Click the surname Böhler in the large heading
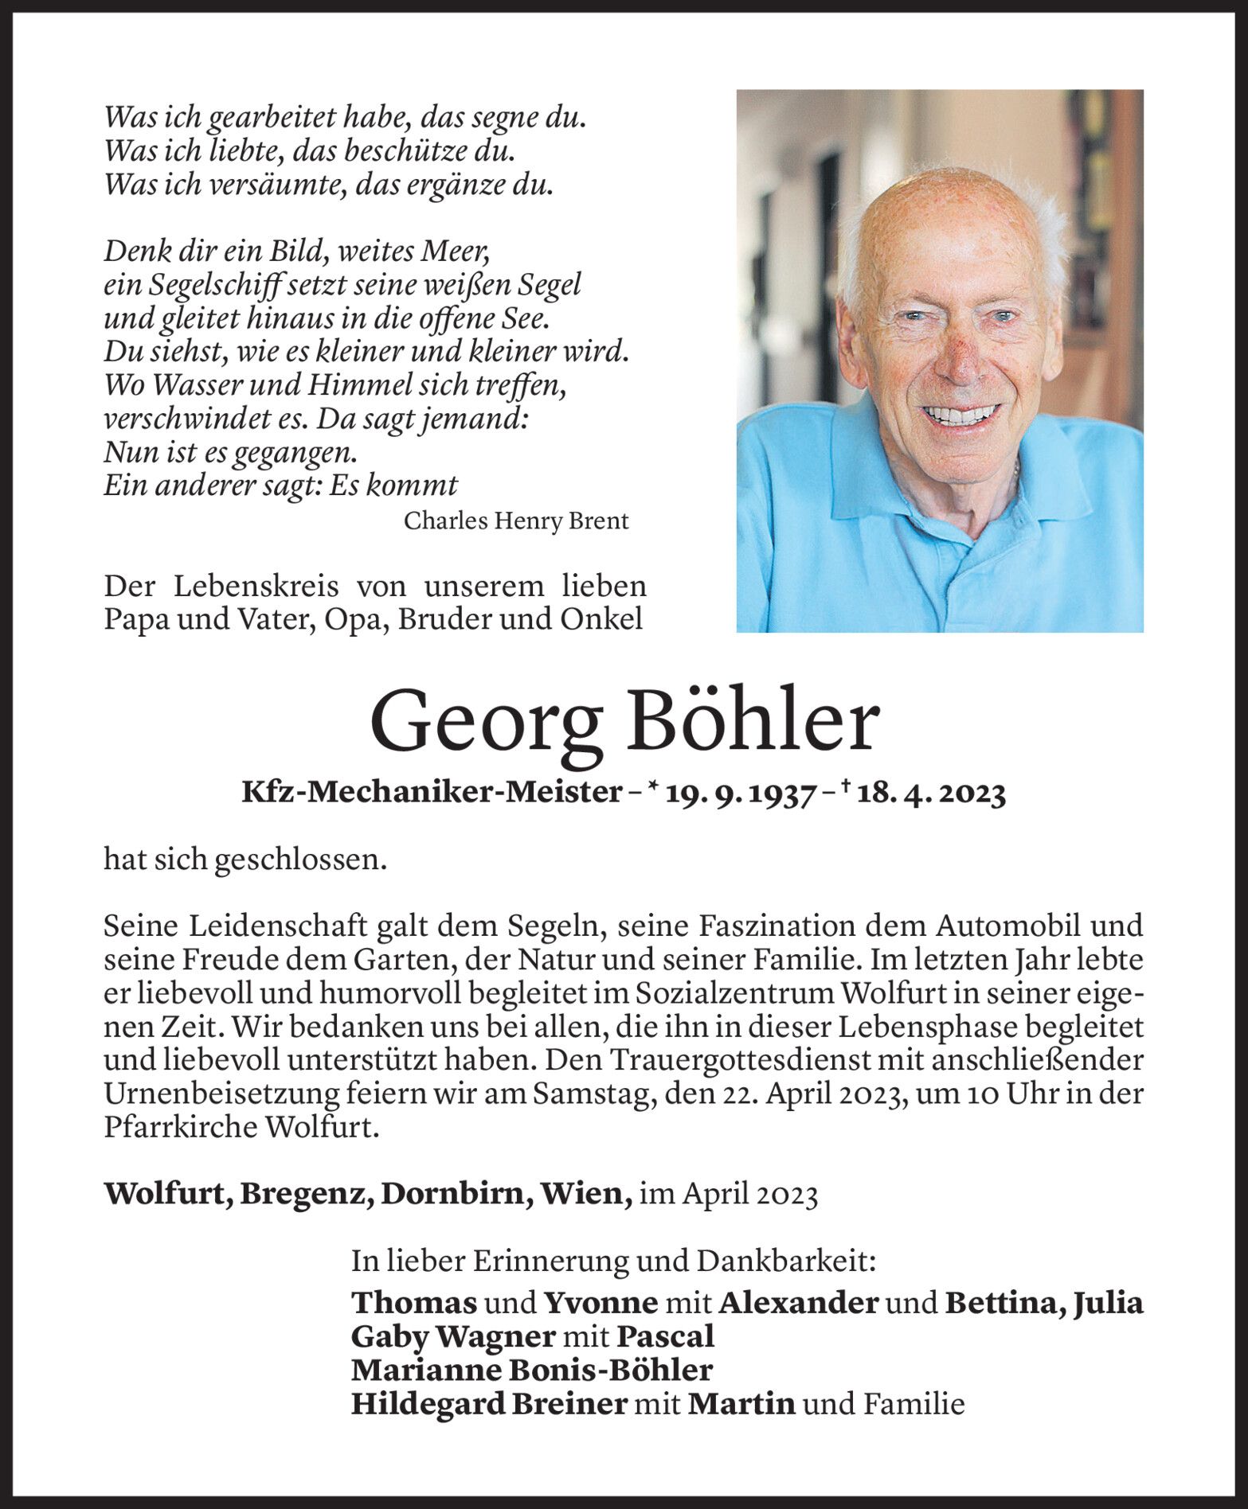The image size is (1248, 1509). [753, 723]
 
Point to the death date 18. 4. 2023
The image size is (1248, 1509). [931, 793]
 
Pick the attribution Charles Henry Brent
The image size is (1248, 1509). [516, 521]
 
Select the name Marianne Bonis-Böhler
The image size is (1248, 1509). [531, 1370]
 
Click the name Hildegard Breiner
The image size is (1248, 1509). [489, 1404]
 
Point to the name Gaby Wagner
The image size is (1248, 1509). [452, 1336]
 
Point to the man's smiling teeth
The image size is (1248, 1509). [965, 414]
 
